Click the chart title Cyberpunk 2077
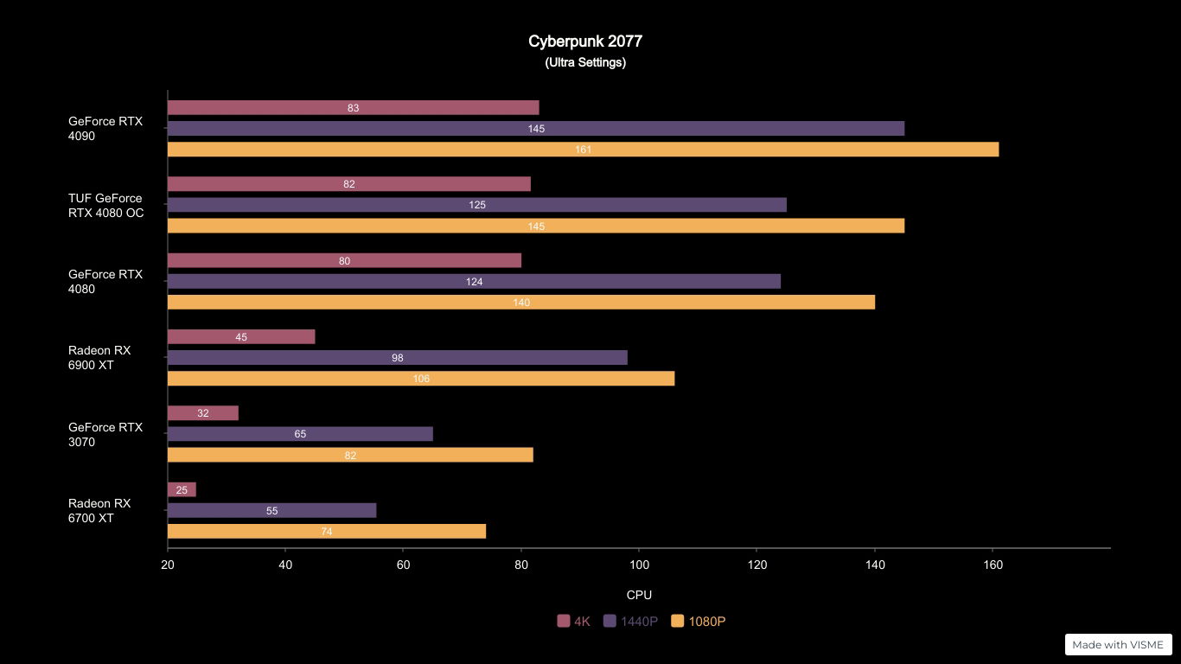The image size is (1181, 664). coord(585,41)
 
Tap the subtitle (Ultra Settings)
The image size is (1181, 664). coord(585,62)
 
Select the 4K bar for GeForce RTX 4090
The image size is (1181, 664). coord(353,108)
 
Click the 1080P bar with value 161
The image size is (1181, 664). coord(583,150)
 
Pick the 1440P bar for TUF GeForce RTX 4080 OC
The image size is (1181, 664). coord(476,205)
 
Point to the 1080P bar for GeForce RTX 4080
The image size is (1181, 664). coord(520,302)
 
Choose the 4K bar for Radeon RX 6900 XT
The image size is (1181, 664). coord(241,337)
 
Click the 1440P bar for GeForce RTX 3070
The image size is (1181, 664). coord(300,434)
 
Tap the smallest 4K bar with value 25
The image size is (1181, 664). coord(182,489)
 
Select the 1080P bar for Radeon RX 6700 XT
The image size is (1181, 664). coord(326,531)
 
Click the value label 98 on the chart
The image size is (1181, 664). coord(397,358)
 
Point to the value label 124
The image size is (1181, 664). coord(474,282)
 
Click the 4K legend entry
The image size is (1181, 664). coord(574,621)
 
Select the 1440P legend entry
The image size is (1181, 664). coord(630,621)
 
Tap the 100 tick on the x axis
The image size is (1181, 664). coord(638,565)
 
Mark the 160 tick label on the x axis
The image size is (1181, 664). coord(993,565)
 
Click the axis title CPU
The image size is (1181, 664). coord(639,595)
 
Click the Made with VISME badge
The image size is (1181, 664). coord(1118,644)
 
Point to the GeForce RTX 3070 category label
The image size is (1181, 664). coord(105,435)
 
